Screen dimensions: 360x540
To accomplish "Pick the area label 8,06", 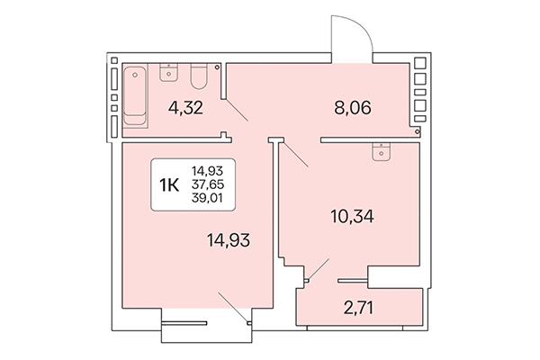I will (352, 112).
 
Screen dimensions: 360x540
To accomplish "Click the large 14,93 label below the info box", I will (227, 239).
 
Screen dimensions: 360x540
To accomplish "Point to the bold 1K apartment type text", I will (168, 185).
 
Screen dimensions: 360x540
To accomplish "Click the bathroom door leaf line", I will (237, 112).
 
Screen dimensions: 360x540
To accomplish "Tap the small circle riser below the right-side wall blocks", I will (418, 131).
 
